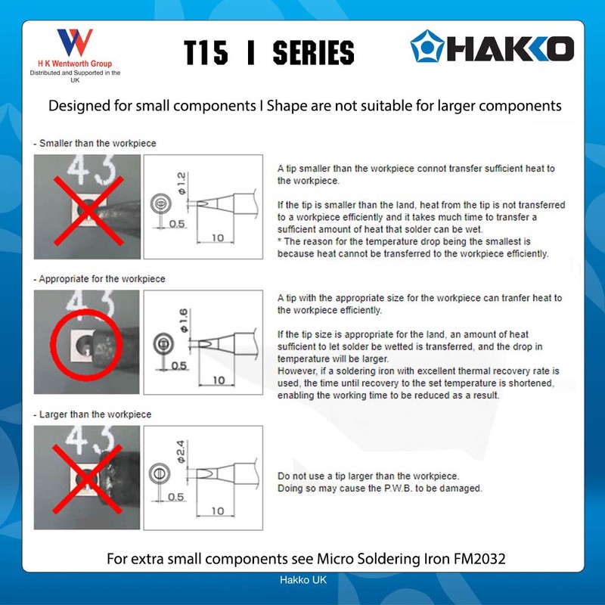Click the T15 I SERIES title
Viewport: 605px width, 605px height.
point(269,52)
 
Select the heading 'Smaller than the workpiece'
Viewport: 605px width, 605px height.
point(96,143)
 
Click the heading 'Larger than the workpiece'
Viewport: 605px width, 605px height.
point(94,414)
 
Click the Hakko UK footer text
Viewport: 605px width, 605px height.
point(302,580)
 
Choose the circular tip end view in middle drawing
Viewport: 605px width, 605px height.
point(160,341)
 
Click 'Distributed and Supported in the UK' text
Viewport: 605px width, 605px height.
point(75,76)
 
